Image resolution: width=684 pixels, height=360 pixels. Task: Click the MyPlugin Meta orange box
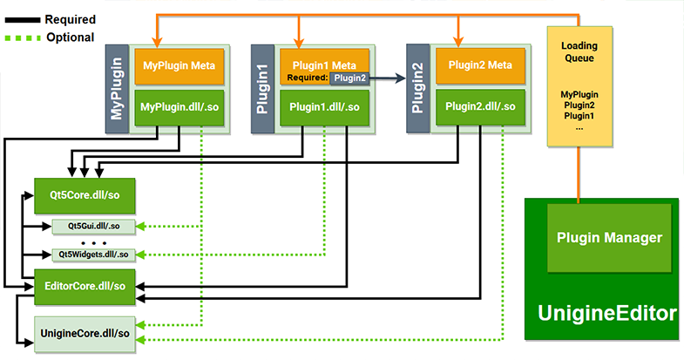tap(179, 65)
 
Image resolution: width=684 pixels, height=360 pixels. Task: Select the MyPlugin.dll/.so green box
tap(179, 107)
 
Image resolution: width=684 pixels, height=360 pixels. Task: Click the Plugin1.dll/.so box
tap(325, 107)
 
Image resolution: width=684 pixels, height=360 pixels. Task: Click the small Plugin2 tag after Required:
tap(349, 78)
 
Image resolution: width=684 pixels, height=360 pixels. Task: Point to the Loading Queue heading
tap(578, 51)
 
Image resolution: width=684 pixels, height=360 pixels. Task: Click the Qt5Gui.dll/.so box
tap(92, 226)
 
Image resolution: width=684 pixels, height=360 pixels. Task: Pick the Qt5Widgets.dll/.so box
tap(92, 254)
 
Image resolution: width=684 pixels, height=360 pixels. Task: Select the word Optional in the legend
tap(70, 37)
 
